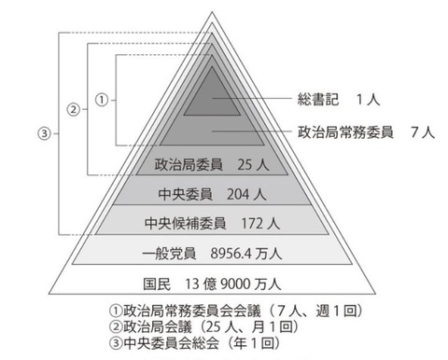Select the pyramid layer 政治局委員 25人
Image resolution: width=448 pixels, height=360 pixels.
pyautogui.click(x=204, y=166)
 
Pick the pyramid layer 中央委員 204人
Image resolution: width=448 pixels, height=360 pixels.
pyautogui.click(x=205, y=195)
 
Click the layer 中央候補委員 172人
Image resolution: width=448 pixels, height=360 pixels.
pyautogui.click(x=204, y=224)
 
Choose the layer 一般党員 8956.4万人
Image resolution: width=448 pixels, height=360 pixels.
pyautogui.click(x=205, y=253)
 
